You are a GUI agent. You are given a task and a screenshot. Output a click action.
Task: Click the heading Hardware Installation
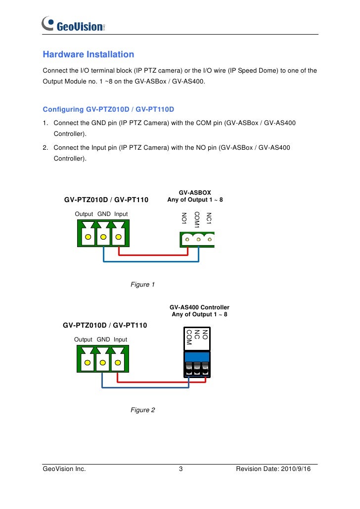[88, 54]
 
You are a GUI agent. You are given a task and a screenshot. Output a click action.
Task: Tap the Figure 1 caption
[142, 285]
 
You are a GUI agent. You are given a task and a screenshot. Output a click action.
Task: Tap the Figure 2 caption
[142, 410]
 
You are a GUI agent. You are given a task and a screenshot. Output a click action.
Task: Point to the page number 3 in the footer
[180, 469]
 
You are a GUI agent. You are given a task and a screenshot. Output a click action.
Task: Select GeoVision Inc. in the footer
[64, 469]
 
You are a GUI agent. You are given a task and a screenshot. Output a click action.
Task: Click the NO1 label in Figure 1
[184, 218]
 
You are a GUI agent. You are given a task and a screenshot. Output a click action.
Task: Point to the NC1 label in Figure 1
[209, 218]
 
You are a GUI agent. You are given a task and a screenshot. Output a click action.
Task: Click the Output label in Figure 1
[84, 214]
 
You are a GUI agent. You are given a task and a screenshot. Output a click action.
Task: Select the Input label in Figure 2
[120, 339]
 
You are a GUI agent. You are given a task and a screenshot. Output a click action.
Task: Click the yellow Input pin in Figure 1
[118, 237]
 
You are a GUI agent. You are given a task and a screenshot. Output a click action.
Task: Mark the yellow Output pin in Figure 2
[87, 362]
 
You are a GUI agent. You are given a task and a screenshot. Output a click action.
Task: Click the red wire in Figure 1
[153, 255]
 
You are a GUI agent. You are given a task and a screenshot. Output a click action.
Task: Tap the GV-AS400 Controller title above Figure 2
[199, 307]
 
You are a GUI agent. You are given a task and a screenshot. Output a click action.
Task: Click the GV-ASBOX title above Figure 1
[195, 193]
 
